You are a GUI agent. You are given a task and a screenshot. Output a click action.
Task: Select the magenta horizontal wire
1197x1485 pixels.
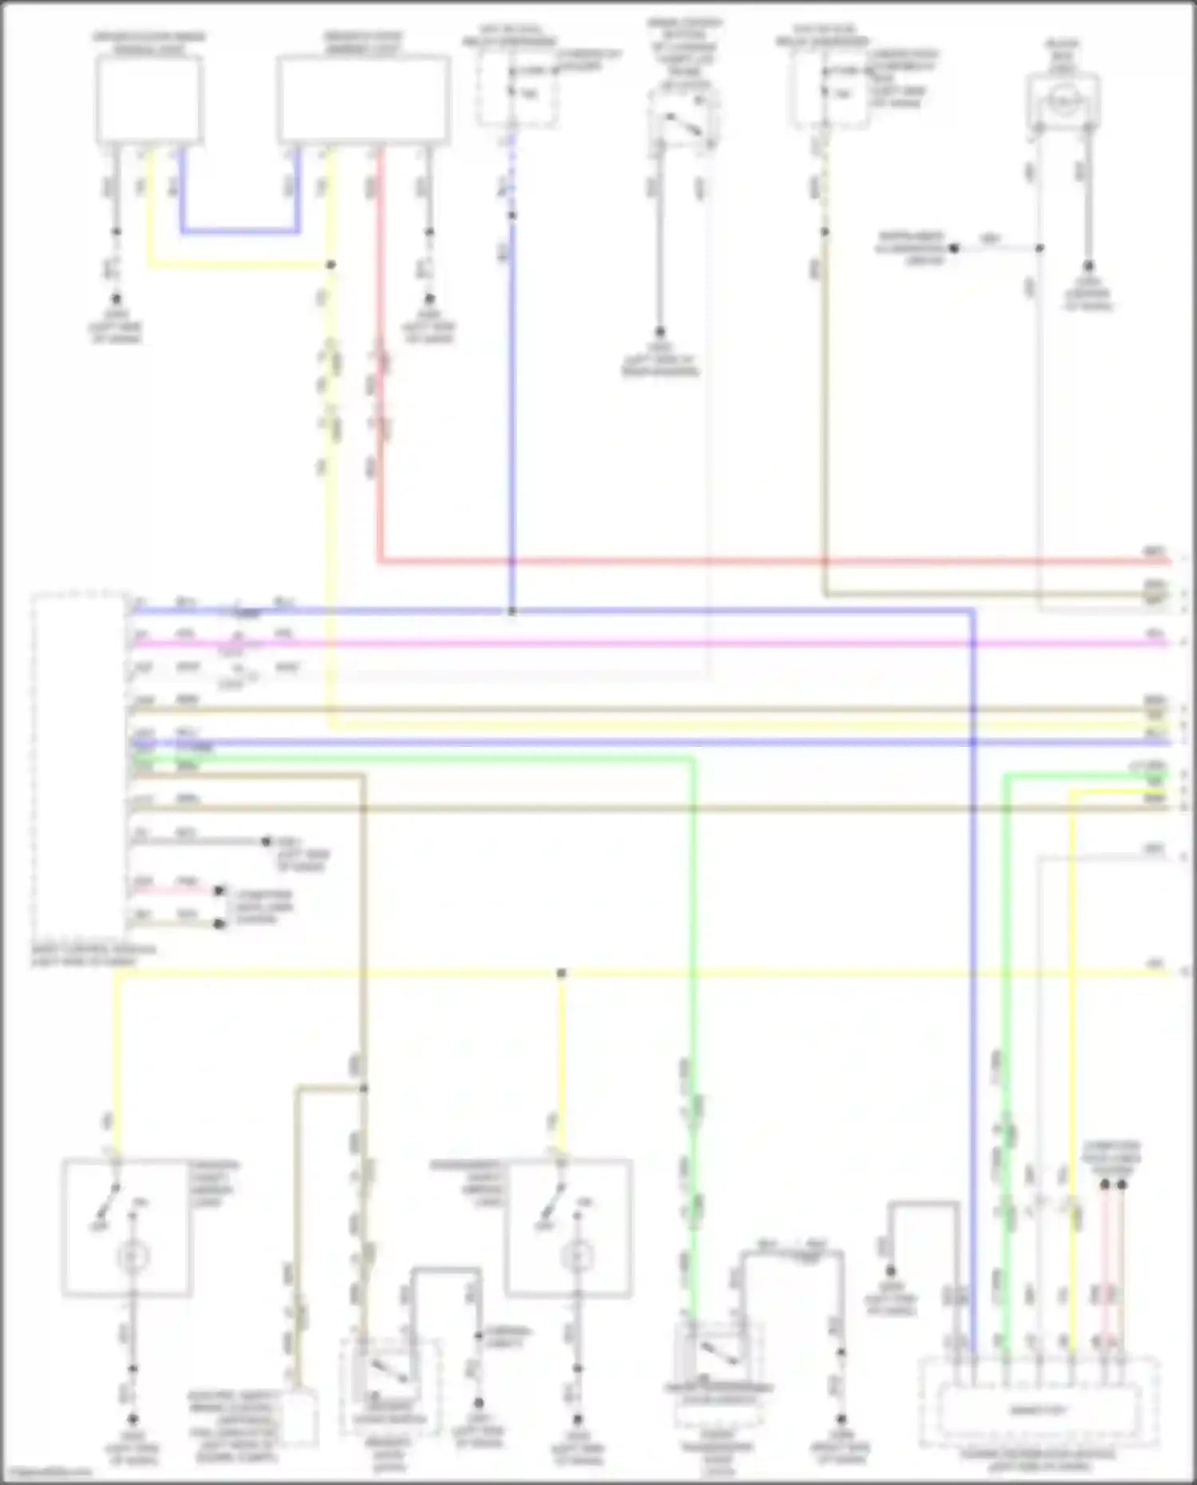click(638, 643)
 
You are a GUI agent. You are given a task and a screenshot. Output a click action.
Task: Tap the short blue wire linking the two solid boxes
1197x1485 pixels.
click(239, 232)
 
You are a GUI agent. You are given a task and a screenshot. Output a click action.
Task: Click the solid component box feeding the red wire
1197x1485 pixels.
click(363, 100)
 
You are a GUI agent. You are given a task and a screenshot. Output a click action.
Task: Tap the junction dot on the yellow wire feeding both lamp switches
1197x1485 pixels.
click(561, 974)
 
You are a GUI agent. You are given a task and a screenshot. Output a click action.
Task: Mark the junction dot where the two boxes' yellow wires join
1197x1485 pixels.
click(330, 264)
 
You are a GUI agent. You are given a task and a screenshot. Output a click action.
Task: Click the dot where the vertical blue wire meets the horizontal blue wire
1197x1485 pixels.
click(512, 612)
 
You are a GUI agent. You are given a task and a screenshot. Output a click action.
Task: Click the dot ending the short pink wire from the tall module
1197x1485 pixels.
click(222, 890)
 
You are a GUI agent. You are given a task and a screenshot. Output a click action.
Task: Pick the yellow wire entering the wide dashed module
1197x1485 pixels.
click(1071, 1117)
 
